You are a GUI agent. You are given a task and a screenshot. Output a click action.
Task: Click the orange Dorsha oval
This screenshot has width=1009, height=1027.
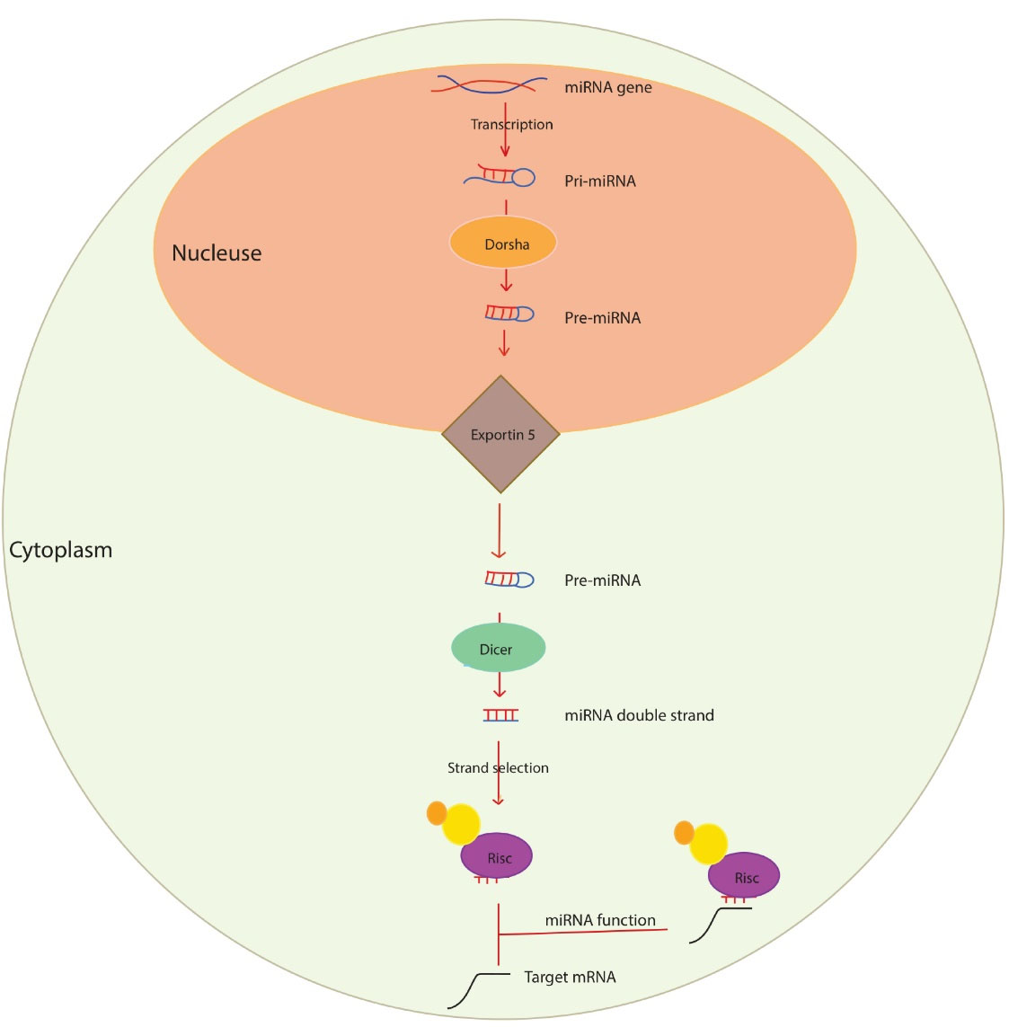(503, 243)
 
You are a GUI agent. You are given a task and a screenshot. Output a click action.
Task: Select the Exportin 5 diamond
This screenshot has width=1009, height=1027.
(501, 435)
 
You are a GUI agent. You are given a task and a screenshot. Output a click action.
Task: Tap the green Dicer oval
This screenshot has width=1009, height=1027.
(498, 648)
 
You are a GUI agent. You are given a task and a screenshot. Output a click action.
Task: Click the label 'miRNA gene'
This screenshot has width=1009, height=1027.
(607, 87)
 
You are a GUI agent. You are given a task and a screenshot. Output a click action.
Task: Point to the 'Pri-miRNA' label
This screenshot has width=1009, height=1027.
(599, 181)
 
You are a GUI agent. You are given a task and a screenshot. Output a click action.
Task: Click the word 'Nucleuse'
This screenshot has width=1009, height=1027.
(217, 252)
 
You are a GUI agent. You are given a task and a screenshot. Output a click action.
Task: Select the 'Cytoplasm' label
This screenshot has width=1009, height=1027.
(61, 549)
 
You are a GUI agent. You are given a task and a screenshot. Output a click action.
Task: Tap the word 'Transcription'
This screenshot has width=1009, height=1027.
(511, 124)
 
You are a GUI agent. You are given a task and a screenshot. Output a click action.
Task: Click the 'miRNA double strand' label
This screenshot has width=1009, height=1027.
(639, 715)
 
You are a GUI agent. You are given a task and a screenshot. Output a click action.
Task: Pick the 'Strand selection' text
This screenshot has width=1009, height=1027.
(498, 767)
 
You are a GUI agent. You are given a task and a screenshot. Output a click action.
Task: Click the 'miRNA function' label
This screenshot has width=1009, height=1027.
(600, 920)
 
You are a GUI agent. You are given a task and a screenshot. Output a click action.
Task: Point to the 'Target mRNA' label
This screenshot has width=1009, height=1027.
(570, 977)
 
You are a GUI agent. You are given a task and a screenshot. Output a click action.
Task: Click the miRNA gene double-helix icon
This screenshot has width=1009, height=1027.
(491, 85)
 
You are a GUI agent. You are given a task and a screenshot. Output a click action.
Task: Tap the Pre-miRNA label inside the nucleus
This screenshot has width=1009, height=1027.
(602, 317)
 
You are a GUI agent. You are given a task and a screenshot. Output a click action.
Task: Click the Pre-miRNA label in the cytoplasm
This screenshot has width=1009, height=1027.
(602, 580)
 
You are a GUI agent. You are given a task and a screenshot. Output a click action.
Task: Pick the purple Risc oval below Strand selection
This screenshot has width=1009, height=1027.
(497, 857)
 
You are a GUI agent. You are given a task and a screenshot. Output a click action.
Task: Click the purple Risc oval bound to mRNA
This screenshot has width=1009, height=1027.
(744, 876)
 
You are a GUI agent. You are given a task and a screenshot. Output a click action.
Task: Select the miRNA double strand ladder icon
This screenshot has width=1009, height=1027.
(500, 715)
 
